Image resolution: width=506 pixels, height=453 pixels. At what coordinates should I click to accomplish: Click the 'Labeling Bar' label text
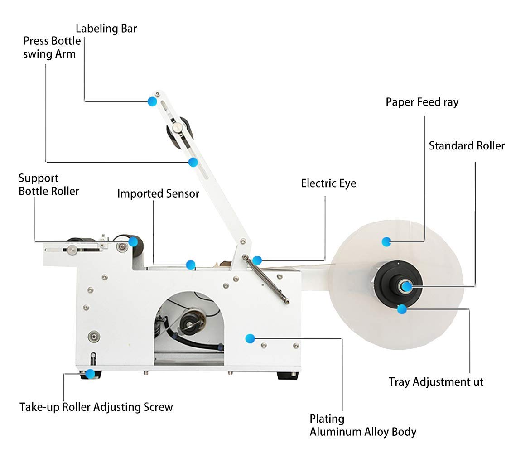pos(106,29)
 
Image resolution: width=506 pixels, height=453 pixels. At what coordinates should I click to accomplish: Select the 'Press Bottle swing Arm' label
pos(52,48)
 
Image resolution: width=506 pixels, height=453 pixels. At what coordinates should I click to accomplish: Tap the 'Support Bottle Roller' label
pos(48,185)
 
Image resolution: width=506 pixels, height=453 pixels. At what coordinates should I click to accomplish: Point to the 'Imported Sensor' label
pos(158,194)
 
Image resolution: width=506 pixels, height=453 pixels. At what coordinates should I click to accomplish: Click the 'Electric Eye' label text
pos(328,183)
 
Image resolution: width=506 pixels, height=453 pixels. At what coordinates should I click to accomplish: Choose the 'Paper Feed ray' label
pos(422,102)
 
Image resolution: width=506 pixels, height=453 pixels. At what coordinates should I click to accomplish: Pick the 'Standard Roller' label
pos(466,146)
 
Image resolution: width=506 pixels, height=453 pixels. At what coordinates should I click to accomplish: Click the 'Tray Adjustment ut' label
pos(436,382)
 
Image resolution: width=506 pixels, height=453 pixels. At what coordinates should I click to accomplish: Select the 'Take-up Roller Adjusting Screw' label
pos(96,407)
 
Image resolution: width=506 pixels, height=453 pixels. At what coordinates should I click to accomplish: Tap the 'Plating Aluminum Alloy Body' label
pos(362,425)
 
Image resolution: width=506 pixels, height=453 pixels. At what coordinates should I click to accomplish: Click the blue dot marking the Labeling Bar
pos(152,102)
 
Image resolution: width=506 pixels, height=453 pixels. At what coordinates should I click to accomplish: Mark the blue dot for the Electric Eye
pos(257,260)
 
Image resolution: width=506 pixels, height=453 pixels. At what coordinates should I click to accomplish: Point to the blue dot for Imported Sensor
pos(191,264)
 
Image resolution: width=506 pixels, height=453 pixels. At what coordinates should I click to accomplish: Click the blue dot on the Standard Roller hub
pos(406,286)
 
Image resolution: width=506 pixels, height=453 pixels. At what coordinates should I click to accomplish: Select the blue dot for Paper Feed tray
pos(386,241)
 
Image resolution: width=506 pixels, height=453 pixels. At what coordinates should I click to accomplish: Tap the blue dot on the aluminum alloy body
pos(249,338)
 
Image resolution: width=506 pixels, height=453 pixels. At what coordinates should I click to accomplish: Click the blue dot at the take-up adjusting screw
pos(90,374)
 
